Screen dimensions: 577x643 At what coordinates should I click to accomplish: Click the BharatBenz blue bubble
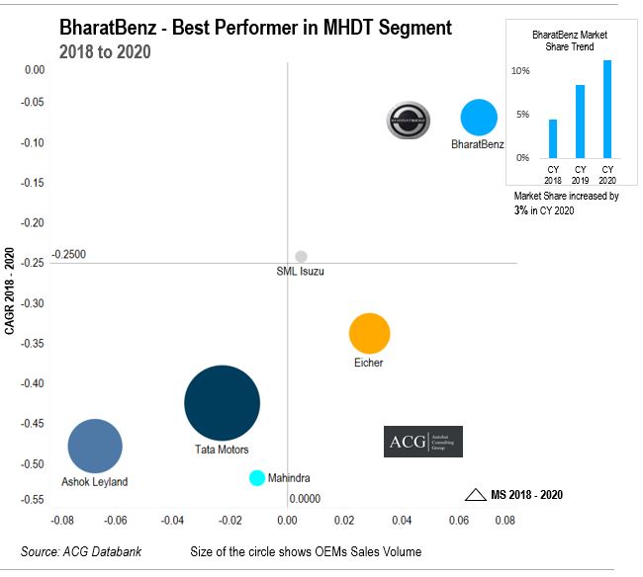pos(479,118)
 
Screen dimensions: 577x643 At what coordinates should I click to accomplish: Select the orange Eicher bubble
pos(370,333)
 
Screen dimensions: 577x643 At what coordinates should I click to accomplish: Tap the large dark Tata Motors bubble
pos(222,402)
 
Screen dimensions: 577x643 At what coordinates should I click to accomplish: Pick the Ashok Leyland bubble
pos(95,447)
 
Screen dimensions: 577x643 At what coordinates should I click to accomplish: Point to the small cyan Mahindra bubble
pos(257,478)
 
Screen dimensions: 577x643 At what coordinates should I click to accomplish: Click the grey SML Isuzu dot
pos(301,257)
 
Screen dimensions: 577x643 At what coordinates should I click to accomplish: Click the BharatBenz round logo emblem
pos(408,120)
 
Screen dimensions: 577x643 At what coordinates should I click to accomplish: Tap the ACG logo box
pos(422,442)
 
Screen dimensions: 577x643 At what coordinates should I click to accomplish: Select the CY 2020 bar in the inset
pos(607,109)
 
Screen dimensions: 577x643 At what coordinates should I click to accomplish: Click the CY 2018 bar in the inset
pos(553,138)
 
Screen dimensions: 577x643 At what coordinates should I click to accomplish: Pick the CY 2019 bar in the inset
pos(581,122)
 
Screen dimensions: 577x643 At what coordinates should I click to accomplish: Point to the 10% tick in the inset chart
pos(520,71)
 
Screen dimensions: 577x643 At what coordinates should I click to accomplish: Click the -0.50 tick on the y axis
pos(34,463)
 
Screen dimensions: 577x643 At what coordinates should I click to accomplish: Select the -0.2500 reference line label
pos(69,254)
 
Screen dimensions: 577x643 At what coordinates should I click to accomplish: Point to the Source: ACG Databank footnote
pos(81,551)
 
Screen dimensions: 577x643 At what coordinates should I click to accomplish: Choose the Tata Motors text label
pos(222,450)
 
